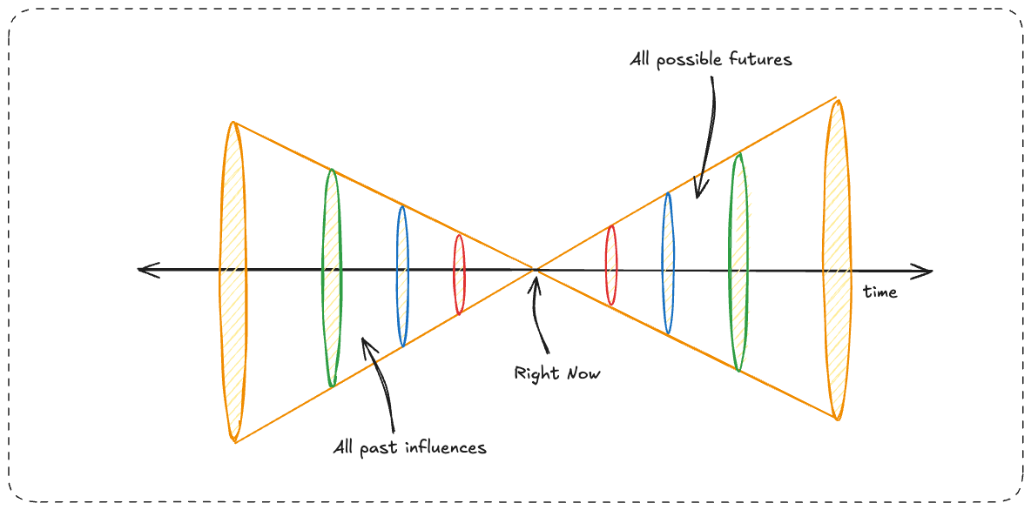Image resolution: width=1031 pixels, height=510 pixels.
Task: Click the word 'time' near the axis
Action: [879, 292]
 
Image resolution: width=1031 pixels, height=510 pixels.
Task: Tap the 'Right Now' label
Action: [557, 374]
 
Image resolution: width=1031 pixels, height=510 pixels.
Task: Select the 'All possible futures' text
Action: [711, 61]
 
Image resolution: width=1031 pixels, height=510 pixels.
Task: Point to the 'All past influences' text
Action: [409, 448]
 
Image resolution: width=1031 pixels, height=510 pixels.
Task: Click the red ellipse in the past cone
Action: [459, 273]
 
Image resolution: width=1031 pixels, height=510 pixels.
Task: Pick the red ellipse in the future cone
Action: [611, 265]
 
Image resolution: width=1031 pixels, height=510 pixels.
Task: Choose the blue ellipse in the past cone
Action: [401, 275]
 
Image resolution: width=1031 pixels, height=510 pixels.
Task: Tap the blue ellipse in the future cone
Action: [668, 263]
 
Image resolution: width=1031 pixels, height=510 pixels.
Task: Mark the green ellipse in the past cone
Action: [332, 277]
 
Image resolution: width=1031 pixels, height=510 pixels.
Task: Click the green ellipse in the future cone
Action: [738, 261]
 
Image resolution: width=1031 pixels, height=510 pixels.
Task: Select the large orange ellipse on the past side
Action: [233, 280]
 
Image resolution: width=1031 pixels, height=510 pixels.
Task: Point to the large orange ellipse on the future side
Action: [837, 259]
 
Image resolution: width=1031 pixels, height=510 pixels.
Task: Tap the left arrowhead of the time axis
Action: [146, 270]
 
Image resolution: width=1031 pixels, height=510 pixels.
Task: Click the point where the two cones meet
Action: [535, 270]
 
